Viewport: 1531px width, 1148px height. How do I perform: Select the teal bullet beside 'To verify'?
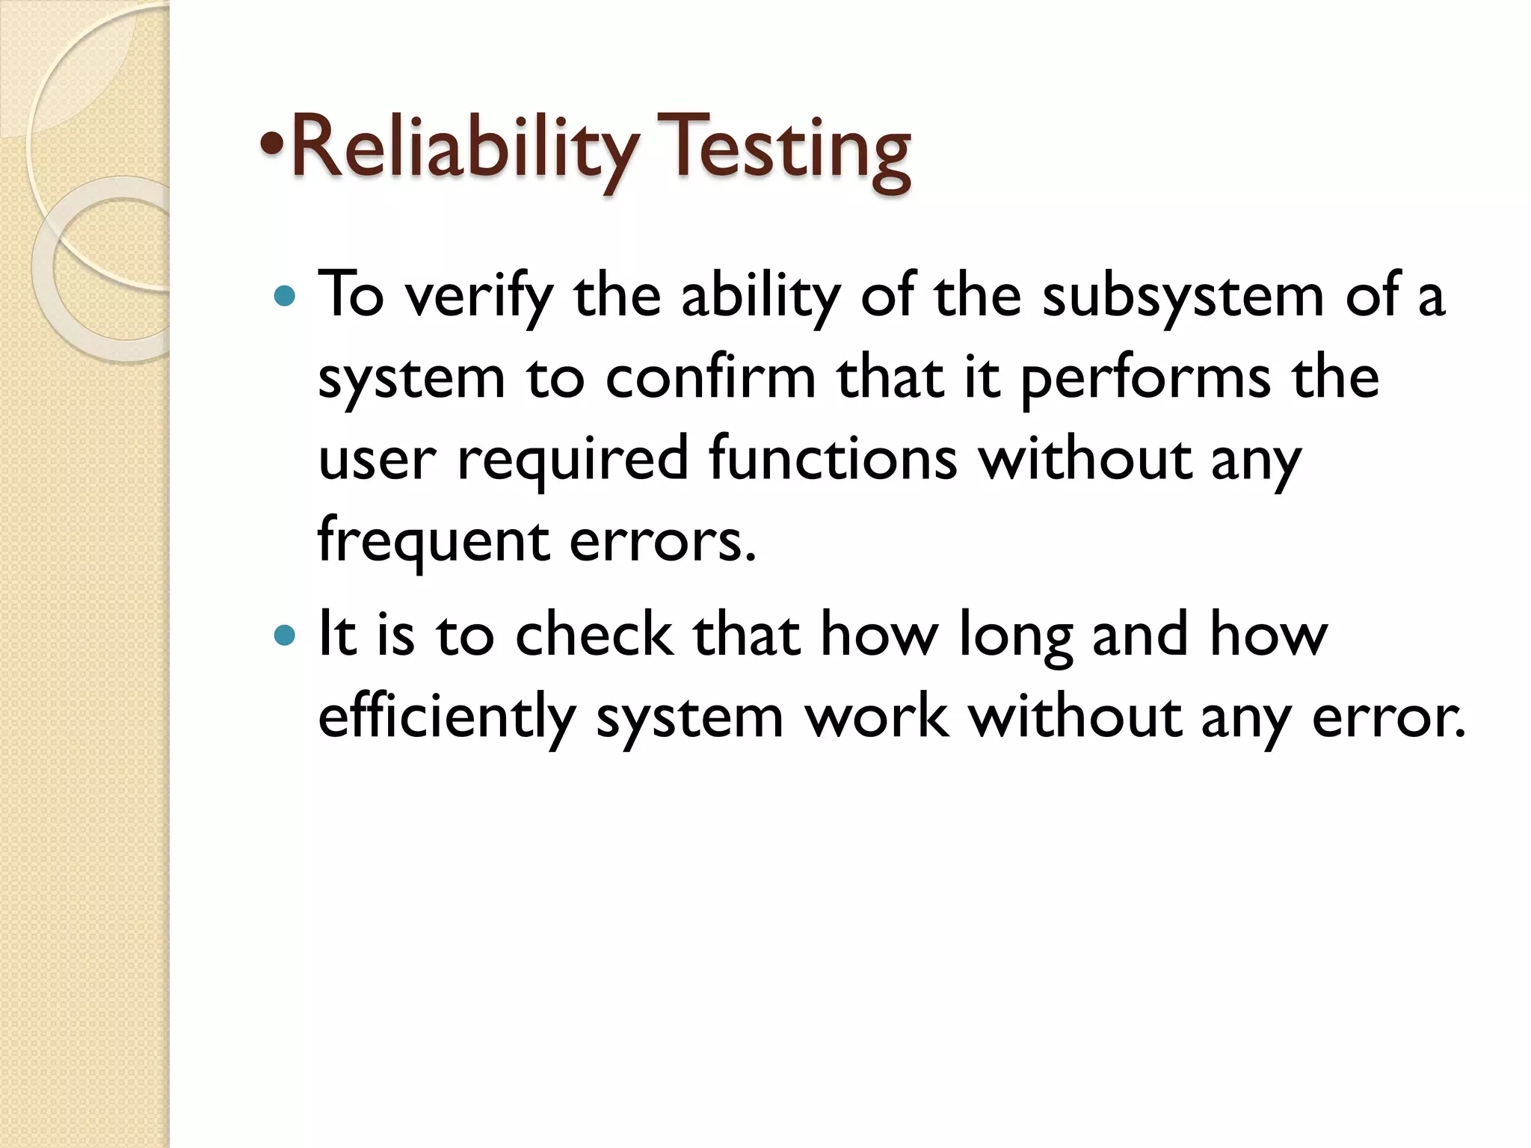click(285, 296)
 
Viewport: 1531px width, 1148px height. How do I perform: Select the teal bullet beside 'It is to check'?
click(285, 635)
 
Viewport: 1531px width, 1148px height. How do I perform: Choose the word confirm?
click(710, 377)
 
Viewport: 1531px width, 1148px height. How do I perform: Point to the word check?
click(594, 634)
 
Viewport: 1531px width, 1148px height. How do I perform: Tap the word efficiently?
click(446, 717)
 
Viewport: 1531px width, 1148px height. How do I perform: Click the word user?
click(377, 459)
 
